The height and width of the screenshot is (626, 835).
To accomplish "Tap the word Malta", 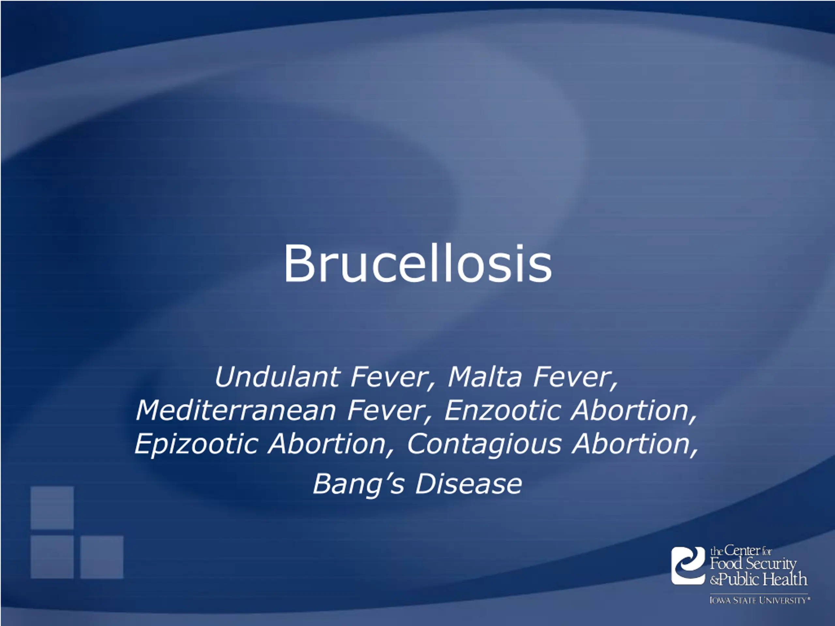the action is click(x=485, y=377).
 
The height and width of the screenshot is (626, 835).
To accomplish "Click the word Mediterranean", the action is click(x=236, y=410).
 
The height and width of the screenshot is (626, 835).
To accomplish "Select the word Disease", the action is click(x=468, y=484).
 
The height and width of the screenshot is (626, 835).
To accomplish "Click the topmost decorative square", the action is click(x=52, y=508).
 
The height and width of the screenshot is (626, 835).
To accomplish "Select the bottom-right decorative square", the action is click(x=102, y=557).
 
